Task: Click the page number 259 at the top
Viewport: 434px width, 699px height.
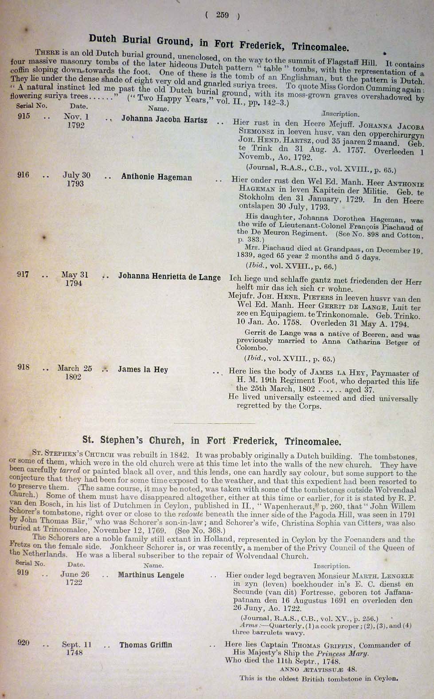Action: coord(222,15)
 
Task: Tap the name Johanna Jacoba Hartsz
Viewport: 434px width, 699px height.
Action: coord(164,119)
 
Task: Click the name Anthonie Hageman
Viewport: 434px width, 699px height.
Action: coord(156,177)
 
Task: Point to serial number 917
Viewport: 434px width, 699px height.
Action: coord(23,274)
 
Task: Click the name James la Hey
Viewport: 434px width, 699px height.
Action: coord(143,369)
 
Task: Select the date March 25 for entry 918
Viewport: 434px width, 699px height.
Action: coord(74,368)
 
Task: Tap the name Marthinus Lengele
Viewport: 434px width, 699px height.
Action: coord(151,575)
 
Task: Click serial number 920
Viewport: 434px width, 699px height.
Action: coord(23,643)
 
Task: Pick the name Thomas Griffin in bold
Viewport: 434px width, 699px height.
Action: coord(145,645)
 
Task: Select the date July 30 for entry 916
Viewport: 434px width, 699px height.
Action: coord(76,175)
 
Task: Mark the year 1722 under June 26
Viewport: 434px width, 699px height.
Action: coord(74,582)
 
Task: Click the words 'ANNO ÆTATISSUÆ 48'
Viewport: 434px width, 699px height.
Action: coord(318,669)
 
